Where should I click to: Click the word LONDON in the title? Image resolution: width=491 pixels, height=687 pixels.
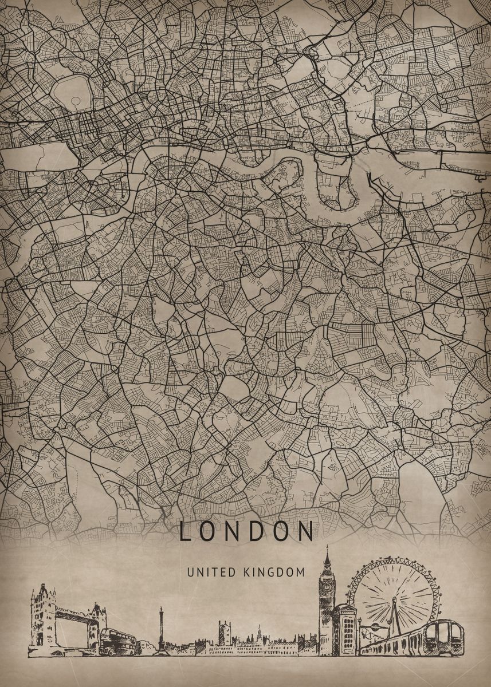point(246,531)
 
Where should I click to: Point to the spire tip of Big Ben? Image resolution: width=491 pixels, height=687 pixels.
point(327,547)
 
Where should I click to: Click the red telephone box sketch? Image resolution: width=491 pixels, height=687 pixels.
point(345,630)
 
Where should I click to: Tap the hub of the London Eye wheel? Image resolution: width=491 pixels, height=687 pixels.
point(394,601)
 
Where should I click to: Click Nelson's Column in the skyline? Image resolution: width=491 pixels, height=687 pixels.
point(161,630)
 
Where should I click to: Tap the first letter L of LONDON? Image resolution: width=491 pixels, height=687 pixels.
point(185,531)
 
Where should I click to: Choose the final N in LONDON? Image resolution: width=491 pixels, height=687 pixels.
point(307,531)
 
